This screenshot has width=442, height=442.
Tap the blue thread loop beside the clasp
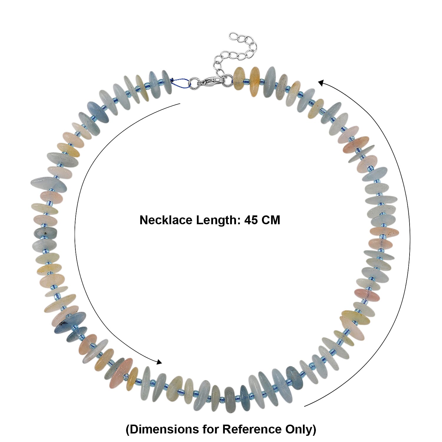tap(181, 82)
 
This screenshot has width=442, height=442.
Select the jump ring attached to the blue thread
tap(194, 82)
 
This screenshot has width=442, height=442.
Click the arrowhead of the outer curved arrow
tap(321, 83)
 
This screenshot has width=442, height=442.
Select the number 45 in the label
tap(251, 220)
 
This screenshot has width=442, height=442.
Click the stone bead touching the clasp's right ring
tap(239, 78)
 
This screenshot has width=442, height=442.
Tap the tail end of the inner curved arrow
tap(180, 104)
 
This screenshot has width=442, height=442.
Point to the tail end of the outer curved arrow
tap(305, 406)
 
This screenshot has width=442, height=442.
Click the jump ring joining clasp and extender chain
tap(227, 78)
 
